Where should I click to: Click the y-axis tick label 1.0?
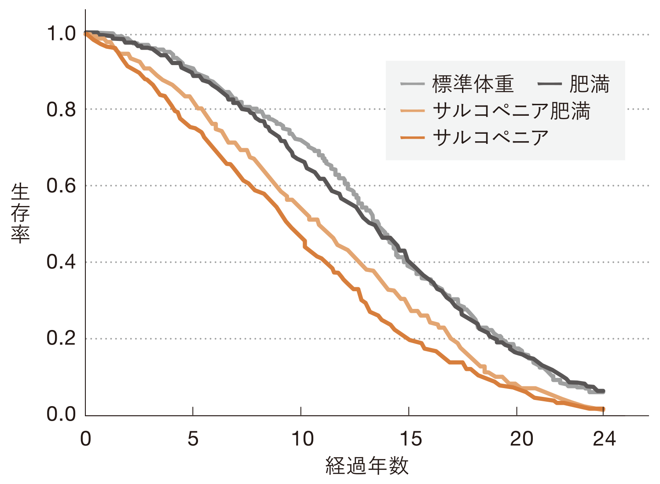point(61,34)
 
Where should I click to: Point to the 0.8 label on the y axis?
point(61,110)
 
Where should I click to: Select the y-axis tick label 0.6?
point(61,186)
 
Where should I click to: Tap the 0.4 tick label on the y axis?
point(61,262)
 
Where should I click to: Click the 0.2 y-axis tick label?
point(61,338)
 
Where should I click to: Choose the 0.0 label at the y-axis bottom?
point(61,414)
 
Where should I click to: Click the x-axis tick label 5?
point(193,439)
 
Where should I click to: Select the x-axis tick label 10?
point(302,439)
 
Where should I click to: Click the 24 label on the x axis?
point(604,439)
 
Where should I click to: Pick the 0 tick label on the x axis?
point(85,439)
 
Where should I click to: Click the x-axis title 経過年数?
point(367,466)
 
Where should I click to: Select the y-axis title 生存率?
point(20,214)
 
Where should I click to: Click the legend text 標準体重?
point(473,84)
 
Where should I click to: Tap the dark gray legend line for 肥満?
point(550,84)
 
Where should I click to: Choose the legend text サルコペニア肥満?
point(511,110)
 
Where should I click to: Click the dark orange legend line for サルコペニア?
point(412,138)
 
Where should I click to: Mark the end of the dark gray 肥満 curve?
point(603,391)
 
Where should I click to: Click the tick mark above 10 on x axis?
point(301,411)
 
